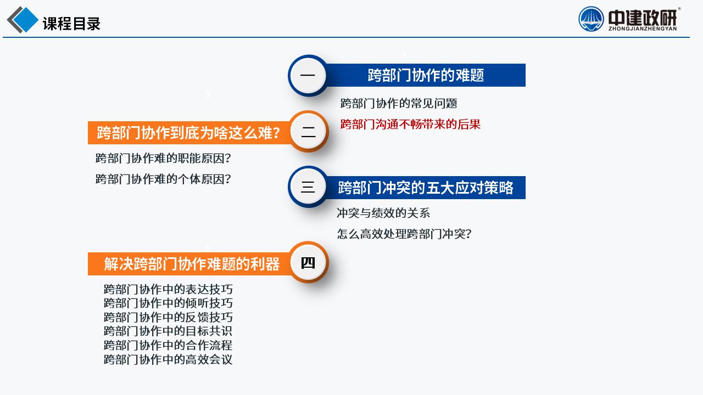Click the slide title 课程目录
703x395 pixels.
(71, 24)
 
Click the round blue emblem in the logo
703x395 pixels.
(591, 19)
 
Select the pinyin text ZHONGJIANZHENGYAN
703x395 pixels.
(643, 29)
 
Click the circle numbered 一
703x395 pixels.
(308, 75)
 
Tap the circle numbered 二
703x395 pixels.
(309, 131)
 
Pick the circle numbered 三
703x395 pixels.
(308, 187)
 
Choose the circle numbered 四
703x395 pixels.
(309, 262)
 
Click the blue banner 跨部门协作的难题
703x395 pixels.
(426, 75)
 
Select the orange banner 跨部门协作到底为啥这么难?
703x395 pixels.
(188, 133)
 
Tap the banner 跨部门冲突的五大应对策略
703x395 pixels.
(426, 188)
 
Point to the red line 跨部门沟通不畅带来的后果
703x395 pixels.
(410, 124)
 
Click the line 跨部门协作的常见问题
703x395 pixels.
(399, 103)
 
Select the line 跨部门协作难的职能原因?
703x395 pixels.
(163, 158)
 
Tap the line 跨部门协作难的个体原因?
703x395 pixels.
(163, 179)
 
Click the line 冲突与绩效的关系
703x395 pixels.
(383, 213)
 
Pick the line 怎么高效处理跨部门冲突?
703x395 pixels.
(404, 234)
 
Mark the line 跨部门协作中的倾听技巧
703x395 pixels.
(168, 303)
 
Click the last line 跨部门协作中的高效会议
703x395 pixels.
(168, 359)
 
